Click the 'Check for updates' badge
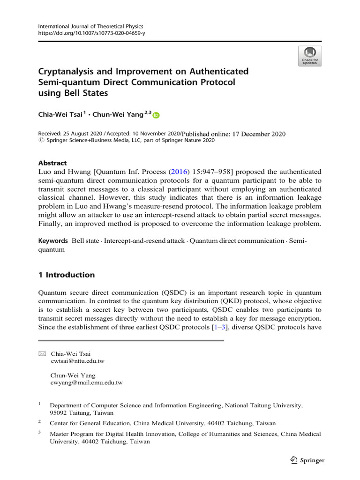coord(309,56)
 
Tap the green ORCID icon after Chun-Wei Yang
coord(156,115)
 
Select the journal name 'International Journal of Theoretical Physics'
coord(90,27)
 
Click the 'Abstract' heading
coord(52,163)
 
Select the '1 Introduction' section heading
coord(66,275)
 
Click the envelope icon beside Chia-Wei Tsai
coord(41,354)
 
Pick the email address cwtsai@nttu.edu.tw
coord(77,361)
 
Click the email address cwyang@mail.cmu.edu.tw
coord(86,383)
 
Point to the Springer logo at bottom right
coord(306,460)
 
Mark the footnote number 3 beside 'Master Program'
coord(40,433)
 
